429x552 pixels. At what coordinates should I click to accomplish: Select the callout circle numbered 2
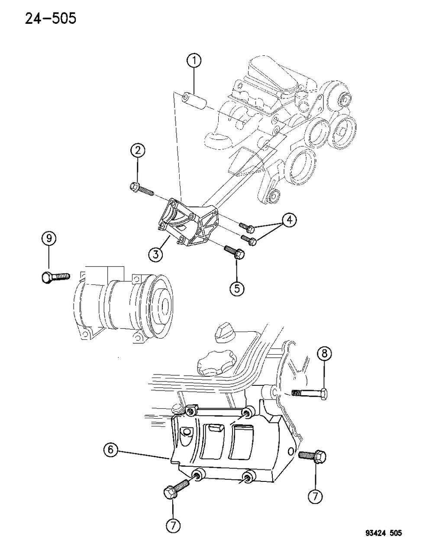coord(138,151)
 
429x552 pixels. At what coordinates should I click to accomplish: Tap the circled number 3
coord(156,254)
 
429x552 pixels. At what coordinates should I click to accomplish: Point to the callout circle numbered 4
coord(290,220)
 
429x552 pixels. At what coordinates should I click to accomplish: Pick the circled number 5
coord(237,288)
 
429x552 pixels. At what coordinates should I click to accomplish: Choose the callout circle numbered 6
coord(111,450)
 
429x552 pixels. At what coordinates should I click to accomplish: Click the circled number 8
coord(325,354)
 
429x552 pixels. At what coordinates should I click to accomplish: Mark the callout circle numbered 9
coord(49,238)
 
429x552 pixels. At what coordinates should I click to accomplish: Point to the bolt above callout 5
coord(235,252)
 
